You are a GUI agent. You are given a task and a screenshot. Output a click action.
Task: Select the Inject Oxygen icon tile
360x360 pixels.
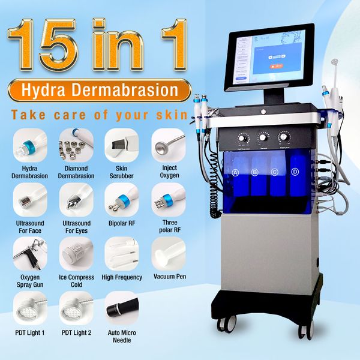167,145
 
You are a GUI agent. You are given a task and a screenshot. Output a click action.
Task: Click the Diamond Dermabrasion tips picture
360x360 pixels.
76,145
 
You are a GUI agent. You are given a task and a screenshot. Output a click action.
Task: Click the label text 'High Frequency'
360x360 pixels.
122,277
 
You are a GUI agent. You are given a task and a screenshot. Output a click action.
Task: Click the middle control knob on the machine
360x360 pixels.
263,137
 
